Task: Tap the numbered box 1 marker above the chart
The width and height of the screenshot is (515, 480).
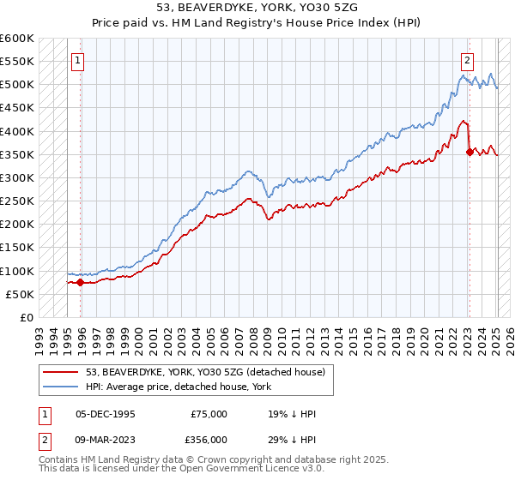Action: pos(78,61)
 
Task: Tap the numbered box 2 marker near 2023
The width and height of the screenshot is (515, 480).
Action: pos(467,61)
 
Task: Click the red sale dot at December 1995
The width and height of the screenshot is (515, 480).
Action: pos(80,282)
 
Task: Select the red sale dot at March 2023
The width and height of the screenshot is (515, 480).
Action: pos(470,152)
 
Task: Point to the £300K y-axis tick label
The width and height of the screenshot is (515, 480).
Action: pos(17,177)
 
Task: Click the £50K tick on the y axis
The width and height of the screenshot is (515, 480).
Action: pos(21,294)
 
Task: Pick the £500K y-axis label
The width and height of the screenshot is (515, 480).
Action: pos(17,85)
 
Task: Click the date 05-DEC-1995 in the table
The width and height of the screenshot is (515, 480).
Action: pos(106,414)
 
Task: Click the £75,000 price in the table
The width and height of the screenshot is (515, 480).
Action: pos(209,414)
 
